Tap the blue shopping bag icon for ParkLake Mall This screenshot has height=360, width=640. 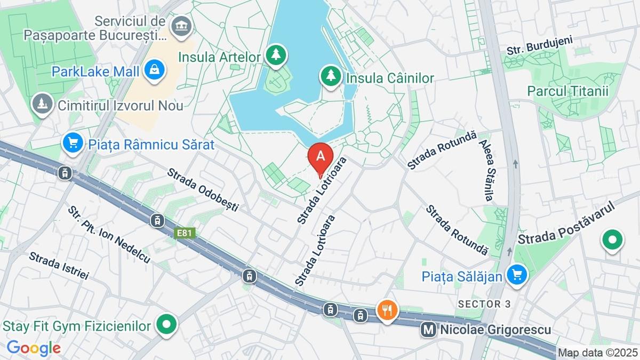[154, 71]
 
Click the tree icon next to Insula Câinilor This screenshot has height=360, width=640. [331, 77]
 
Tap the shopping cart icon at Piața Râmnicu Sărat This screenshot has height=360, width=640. [73, 143]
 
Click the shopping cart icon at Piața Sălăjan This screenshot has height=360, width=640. [516, 276]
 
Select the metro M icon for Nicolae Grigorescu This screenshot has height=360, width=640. [428, 330]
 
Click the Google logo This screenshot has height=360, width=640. [34, 348]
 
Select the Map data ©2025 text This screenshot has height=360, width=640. [597, 353]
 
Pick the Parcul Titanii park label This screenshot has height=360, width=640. [567, 91]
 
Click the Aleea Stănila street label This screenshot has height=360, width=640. [486, 171]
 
